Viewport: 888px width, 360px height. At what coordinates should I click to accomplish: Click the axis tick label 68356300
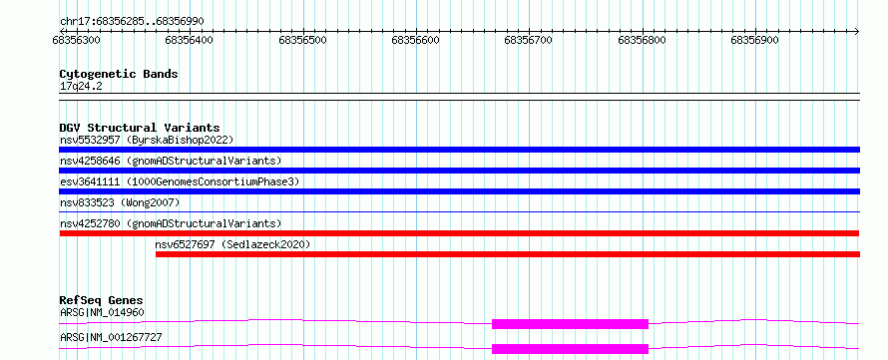click(x=76, y=40)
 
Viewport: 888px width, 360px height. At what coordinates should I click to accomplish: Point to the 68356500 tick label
click(x=303, y=40)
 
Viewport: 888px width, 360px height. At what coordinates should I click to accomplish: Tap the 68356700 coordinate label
click(x=529, y=40)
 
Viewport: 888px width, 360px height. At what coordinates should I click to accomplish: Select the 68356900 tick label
click(x=755, y=40)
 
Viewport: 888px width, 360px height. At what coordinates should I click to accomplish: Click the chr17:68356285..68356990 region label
click(x=132, y=22)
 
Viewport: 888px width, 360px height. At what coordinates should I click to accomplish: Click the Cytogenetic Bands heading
click(x=119, y=74)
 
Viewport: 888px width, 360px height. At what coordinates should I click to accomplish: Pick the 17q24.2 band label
click(x=81, y=87)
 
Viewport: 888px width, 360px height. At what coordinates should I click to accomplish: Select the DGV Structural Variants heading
click(x=140, y=128)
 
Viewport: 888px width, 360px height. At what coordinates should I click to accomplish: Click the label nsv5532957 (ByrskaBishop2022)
click(x=147, y=140)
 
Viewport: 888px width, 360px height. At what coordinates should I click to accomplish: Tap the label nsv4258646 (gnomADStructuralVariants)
click(x=171, y=161)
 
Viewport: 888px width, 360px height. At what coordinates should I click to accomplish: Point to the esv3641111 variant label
click(x=180, y=181)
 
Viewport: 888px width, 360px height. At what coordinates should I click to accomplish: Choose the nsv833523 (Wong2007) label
click(x=120, y=202)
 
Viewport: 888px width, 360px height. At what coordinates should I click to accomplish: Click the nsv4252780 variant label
click(x=171, y=223)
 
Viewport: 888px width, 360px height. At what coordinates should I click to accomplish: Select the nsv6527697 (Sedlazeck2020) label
click(x=232, y=244)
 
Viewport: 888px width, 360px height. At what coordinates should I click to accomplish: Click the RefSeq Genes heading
click(x=102, y=300)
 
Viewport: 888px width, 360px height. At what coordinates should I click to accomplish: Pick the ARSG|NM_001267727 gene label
click(x=111, y=337)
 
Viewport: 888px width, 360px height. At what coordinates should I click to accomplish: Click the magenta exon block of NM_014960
click(x=570, y=324)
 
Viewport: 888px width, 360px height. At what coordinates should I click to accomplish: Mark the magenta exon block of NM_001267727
click(x=570, y=349)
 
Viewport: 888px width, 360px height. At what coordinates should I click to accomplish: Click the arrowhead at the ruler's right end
click(x=857, y=31)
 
